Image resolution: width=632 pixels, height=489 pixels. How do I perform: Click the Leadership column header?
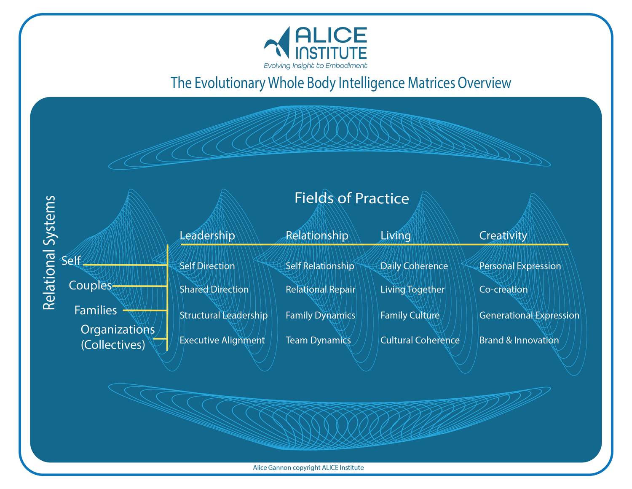pos(207,235)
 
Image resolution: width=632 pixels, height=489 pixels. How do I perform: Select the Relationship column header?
pos(317,235)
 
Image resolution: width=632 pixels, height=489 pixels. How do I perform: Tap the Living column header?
pos(395,235)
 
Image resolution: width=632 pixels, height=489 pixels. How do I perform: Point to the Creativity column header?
pos(503,235)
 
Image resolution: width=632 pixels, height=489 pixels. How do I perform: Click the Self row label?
pos(71,261)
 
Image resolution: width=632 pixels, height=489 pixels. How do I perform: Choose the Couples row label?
pos(90,286)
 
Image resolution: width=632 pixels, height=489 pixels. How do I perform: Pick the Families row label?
pos(96,311)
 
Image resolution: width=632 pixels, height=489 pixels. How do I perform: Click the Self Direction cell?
pos(207,266)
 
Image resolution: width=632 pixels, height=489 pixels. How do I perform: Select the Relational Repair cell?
pos(320,289)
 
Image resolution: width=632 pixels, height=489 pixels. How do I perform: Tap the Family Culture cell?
pos(410,316)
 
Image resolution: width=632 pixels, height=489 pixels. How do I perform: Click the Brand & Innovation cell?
pos(519,340)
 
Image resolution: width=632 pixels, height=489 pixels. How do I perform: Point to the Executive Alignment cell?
pos(222,340)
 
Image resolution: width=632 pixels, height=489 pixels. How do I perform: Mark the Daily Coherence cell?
pos(414,266)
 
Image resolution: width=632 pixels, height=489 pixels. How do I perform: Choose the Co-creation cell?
pos(503,289)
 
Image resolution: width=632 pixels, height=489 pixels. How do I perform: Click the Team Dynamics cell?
pos(318,340)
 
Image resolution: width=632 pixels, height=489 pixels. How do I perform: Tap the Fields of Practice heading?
pos(352,198)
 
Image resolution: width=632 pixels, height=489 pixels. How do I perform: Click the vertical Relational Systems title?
pos(50,252)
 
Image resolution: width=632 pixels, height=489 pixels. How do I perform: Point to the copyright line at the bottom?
pos(308,467)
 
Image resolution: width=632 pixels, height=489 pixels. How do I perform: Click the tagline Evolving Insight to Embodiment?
pos(316,66)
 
